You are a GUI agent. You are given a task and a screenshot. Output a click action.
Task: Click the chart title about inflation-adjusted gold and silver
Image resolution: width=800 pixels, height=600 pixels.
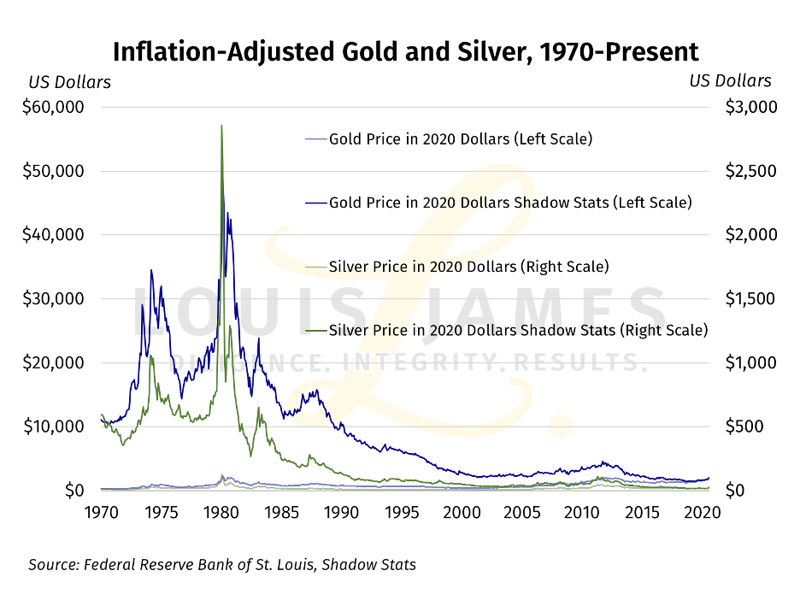(406, 51)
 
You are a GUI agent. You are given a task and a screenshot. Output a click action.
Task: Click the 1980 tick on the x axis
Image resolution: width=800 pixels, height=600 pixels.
(221, 513)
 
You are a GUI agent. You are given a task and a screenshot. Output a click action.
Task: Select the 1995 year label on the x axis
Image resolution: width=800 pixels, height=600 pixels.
(402, 513)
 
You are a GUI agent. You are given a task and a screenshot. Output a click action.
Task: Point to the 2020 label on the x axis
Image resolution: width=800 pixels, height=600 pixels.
(703, 513)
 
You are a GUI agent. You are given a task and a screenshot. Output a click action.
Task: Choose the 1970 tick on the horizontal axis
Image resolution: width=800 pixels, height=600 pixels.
(101, 513)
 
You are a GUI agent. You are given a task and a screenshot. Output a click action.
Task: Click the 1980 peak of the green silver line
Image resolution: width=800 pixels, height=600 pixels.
(222, 126)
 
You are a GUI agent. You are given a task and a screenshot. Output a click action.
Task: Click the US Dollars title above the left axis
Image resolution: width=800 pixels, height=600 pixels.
(69, 82)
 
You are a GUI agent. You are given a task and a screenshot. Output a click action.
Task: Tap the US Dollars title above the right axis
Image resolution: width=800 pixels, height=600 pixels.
(730, 81)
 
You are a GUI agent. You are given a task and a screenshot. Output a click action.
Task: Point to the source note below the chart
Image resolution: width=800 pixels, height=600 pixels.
(222, 565)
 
